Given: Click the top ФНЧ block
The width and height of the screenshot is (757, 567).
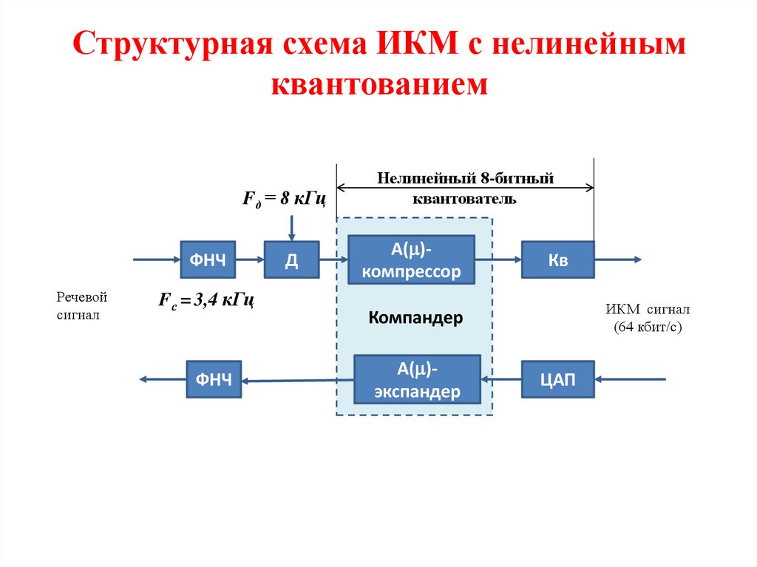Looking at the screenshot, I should pyautogui.click(x=208, y=259).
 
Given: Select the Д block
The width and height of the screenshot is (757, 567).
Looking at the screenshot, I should pyautogui.click(x=291, y=259).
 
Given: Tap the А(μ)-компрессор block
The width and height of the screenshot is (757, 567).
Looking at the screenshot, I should pyautogui.click(x=411, y=259).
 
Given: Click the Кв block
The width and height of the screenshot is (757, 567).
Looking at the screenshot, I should pyautogui.click(x=557, y=259).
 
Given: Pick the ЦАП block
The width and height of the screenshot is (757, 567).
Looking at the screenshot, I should pyautogui.click(x=557, y=379).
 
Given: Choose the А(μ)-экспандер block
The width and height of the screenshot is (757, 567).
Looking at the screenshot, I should pyautogui.click(x=417, y=379).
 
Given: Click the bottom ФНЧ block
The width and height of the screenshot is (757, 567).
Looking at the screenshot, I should pyautogui.click(x=214, y=379).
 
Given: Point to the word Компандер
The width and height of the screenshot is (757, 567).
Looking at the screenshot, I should pyautogui.click(x=415, y=318).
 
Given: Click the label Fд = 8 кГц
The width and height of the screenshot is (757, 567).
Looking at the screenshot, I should pyautogui.click(x=285, y=199).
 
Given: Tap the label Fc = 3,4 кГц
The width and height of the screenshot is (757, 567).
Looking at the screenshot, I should pyautogui.click(x=207, y=300).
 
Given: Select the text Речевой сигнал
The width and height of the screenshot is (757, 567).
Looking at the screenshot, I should pyautogui.click(x=82, y=306).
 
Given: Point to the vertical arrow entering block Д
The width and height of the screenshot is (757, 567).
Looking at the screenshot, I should pyautogui.click(x=292, y=225).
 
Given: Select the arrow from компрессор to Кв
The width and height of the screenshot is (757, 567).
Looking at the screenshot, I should pyautogui.click(x=498, y=259).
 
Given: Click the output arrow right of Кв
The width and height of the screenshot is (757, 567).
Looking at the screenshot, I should pyautogui.click(x=618, y=259).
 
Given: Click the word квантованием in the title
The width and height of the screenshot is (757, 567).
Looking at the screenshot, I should pyautogui.click(x=379, y=84).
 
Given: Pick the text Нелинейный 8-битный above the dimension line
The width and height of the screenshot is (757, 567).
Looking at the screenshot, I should pyautogui.click(x=466, y=178).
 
